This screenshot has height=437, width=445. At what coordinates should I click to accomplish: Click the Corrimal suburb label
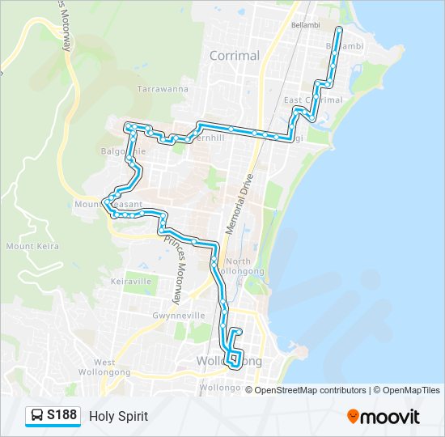[234, 56]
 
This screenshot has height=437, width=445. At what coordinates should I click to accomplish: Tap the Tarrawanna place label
[163, 88]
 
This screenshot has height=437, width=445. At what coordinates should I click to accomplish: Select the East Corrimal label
[313, 100]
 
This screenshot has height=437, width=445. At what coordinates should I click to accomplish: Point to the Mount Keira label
[32, 245]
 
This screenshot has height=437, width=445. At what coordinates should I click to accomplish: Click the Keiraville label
[131, 281]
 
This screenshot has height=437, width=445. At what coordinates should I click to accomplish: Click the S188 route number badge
[61, 416]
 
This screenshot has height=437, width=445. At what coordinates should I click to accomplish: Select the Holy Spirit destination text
[118, 417]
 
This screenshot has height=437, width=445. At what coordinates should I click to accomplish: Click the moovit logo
[383, 417]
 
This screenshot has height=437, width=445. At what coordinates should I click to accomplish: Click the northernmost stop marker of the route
[338, 29]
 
